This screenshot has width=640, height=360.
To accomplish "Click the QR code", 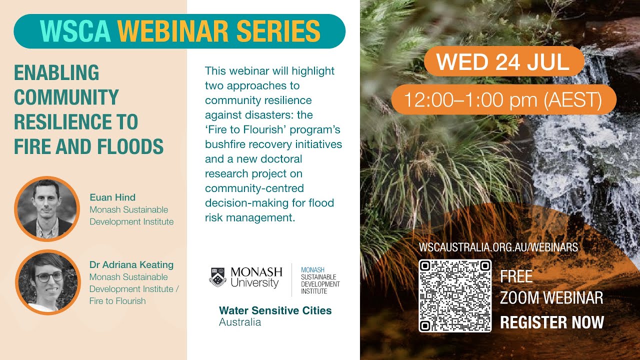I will tap(455, 295).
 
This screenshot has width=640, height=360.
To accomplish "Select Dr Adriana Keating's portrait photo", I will tap(47, 282).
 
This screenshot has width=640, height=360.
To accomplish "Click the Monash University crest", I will tap(217, 276).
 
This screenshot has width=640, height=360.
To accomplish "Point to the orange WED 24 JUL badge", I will tap(503, 61).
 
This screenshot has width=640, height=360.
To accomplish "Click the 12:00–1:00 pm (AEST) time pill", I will tap(503, 100).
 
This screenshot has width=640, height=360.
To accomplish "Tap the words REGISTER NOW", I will tap(552, 322).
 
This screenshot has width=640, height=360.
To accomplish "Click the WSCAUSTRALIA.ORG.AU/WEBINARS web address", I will tap(498, 247).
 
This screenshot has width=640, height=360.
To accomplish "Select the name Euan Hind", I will tap(112, 197).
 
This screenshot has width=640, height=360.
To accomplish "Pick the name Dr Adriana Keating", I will tap(131, 264).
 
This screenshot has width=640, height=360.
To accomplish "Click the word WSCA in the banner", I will tap(75, 31).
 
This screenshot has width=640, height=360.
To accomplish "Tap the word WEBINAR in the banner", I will tap(174, 31).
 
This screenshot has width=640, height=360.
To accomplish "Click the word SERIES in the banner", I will tap(278, 31).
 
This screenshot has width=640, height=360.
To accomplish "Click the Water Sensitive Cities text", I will tap(275, 310).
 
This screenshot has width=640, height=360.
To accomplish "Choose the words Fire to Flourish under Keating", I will tap(117, 301).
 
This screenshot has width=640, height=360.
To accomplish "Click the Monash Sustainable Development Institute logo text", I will tap(320, 280).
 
